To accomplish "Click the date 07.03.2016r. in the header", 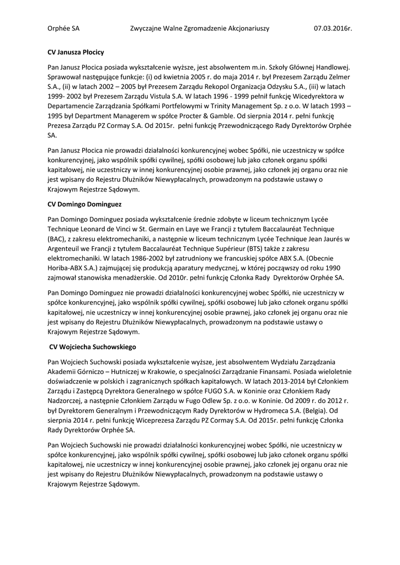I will tap(333, 28).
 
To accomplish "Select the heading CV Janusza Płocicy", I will tap(76, 52).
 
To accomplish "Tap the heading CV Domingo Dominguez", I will tap(84, 204).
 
